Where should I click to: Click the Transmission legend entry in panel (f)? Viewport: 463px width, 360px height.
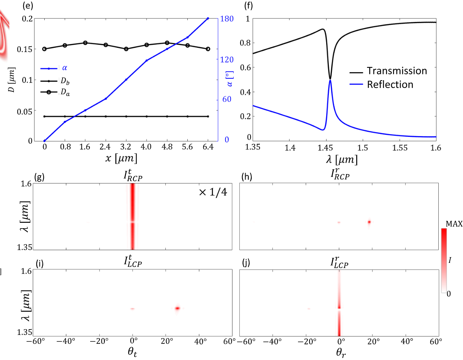point(397,71)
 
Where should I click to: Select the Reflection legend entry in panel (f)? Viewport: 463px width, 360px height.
point(390,84)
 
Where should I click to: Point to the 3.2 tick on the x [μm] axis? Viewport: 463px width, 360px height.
point(126,147)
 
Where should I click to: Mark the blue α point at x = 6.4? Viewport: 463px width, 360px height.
point(208,18)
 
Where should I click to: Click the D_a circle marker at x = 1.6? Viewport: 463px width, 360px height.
point(85,43)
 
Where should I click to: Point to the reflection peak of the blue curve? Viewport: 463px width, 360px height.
point(330,80)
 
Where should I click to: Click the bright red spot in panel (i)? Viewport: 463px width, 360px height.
point(177,308)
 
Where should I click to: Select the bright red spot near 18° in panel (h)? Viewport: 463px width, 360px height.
point(369,222)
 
